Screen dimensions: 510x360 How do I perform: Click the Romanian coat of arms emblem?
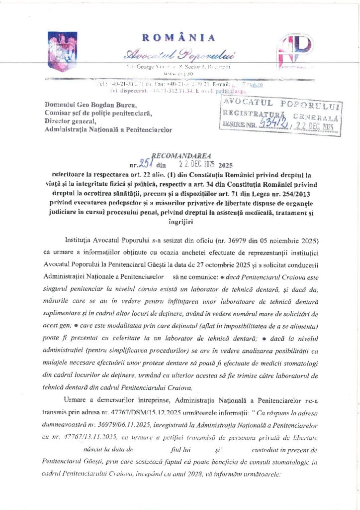click(x=62, y=51)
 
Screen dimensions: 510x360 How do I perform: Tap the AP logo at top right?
click(x=294, y=51)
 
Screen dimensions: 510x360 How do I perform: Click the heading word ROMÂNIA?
click(x=179, y=38)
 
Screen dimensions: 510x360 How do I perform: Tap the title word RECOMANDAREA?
click(x=177, y=155)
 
